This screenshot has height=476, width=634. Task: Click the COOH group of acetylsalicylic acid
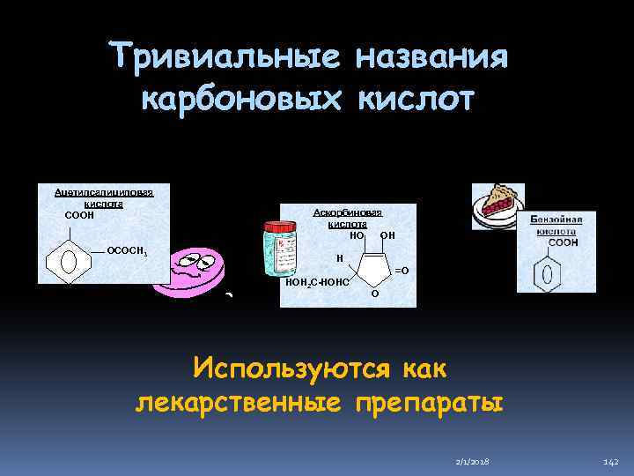point(80,214)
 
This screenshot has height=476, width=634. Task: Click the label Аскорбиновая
point(348,214)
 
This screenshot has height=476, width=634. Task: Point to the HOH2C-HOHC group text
point(317,283)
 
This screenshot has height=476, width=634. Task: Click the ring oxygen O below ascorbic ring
point(374,294)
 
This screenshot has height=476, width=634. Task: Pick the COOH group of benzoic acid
point(564,242)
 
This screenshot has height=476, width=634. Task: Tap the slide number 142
point(611,461)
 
